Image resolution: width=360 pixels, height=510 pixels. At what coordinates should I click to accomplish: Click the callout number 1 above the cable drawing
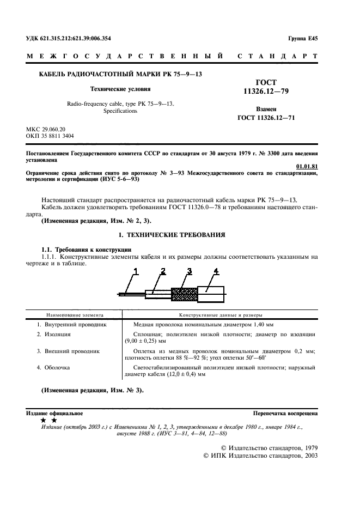point(136,271)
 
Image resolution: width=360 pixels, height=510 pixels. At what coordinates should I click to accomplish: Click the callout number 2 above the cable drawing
point(163,271)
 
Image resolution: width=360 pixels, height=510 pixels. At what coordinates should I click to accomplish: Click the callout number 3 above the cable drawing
point(189,271)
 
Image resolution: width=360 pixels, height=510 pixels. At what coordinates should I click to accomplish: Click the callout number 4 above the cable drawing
point(216,271)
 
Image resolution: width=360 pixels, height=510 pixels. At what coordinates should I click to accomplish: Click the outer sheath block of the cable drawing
point(210,294)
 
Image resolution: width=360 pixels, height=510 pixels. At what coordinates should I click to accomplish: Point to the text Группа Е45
point(303,39)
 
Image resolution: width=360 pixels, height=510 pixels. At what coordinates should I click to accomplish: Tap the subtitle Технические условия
point(120,88)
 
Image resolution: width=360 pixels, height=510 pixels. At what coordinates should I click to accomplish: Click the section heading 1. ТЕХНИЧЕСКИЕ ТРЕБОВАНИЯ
point(172,234)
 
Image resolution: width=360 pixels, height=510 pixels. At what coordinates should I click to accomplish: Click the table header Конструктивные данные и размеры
point(221,315)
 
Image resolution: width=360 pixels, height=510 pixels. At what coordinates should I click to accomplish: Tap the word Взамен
point(266,109)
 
